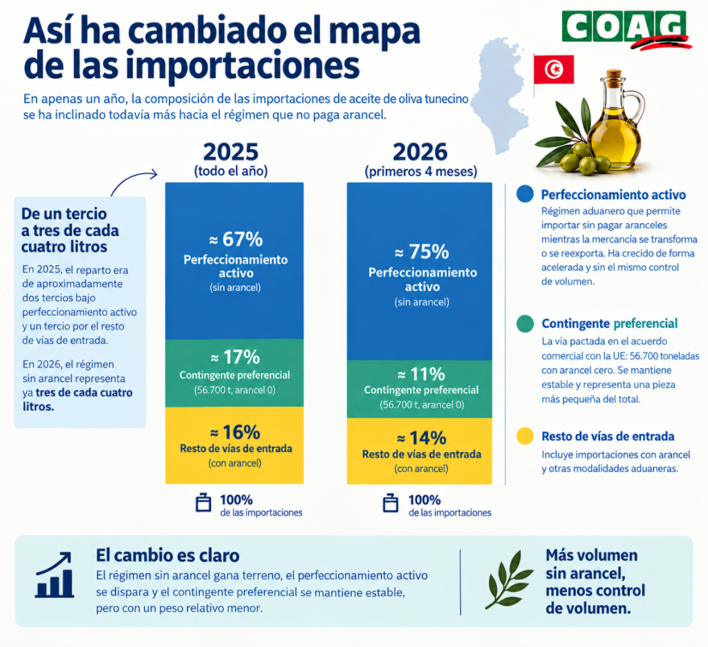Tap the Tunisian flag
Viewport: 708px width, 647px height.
tap(554, 70)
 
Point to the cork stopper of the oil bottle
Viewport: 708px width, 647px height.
tap(614, 75)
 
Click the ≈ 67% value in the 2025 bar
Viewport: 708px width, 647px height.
tap(236, 239)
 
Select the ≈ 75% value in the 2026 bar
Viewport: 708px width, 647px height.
tap(422, 252)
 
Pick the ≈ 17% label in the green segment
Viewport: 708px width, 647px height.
tap(235, 357)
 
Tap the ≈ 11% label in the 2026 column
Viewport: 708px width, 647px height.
tap(421, 374)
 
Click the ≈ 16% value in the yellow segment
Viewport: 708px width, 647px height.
tap(235, 432)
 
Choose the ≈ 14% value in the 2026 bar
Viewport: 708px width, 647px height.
tap(422, 438)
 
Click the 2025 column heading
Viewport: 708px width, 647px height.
tap(231, 151)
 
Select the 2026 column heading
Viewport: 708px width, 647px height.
tap(420, 151)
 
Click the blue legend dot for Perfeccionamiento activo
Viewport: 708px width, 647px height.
tap(525, 194)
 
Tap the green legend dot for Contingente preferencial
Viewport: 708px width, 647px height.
tap(525, 323)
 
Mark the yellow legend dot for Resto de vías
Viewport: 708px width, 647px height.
tap(525, 436)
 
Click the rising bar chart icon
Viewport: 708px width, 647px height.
tap(55, 575)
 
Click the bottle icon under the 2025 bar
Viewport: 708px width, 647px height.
tap(203, 502)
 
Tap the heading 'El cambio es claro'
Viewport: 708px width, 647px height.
tap(167, 555)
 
